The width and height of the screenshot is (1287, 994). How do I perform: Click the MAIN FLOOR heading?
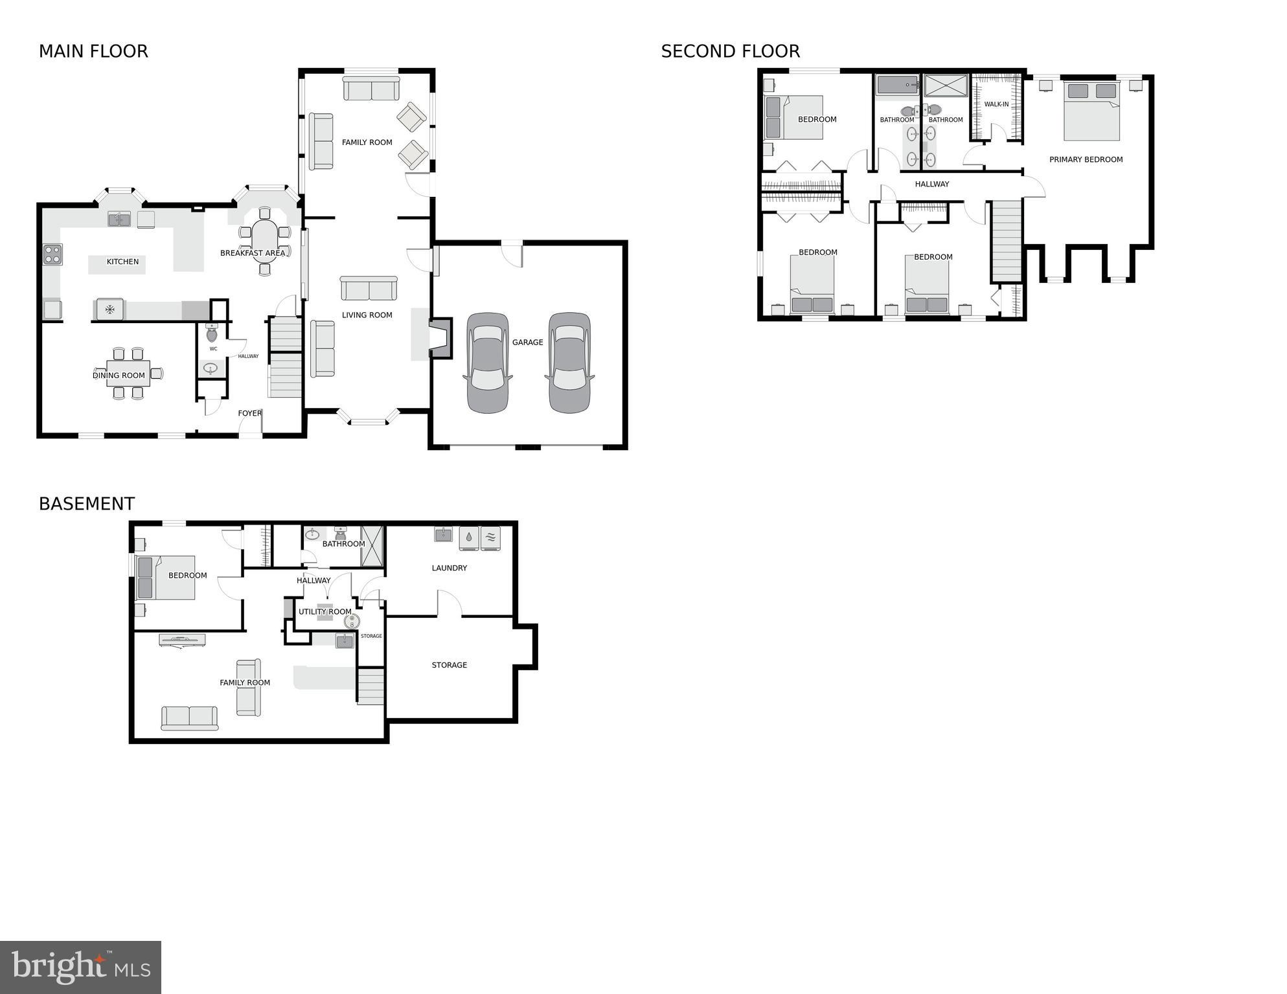click(x=93, y=51)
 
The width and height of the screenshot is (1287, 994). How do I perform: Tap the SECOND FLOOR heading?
click(x=730, y=51)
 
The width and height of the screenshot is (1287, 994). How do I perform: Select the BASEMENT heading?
click(x=87, y=504)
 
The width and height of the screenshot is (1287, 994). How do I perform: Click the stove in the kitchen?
click(x=52, y=254)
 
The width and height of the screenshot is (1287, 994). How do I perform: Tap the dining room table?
click(x=128, y=374)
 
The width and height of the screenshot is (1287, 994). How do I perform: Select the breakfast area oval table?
click(x=264, y=240)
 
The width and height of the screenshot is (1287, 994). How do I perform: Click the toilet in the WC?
click(x=212, y=334)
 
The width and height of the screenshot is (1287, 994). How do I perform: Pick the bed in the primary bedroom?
click(x=1091, y=111)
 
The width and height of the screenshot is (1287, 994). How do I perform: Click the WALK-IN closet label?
click(x=996, y=104)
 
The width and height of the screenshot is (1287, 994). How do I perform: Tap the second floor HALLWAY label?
click(x=931, y=184)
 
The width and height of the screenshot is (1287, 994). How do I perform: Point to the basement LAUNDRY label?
click(x=449, y=568)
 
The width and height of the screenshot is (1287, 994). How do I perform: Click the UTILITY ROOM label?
click(x=325, y=611)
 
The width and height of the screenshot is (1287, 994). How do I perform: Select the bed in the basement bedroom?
click(x=166, y=578)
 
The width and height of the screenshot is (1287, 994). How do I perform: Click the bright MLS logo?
click(x=80, y=967)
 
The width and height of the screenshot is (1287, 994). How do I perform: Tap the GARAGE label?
click(x=527, y=342)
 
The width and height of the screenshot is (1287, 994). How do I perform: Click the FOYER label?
click(x=249, y=413)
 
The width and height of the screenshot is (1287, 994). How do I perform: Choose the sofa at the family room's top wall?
click(x=371, y=89)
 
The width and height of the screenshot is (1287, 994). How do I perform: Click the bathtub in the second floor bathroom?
click(x=896, y=85)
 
